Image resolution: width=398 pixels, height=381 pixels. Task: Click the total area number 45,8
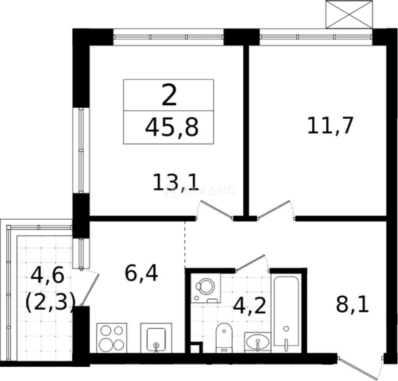pos(172,127)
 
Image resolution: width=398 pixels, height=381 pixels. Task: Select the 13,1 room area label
pos(176,183)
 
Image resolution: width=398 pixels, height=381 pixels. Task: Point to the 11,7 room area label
pos(330,126)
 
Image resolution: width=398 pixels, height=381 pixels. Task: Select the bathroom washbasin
pos(258,341)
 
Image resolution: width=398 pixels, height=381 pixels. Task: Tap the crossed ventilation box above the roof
pos(349,14)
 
